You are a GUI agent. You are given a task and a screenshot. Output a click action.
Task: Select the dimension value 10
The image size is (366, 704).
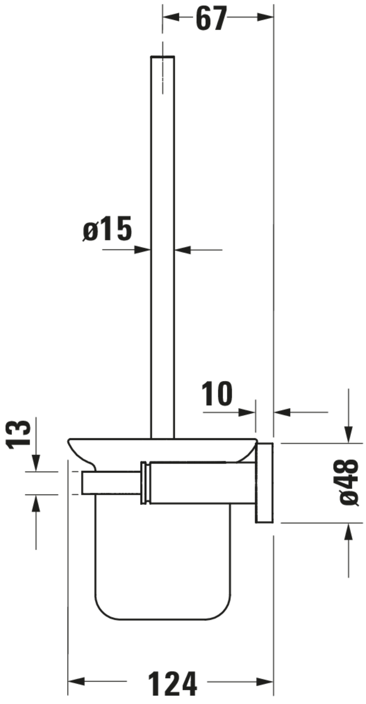tap(217, 394)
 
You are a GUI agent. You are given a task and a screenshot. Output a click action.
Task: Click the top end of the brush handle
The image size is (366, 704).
tap(163, 57)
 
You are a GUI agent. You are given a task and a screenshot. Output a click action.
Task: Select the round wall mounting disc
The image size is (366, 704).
tap(264, 483)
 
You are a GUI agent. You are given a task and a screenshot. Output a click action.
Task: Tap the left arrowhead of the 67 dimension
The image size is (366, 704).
tap(171, 17)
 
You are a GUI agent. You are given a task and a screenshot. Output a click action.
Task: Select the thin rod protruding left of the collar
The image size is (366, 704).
tap(111, 483)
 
